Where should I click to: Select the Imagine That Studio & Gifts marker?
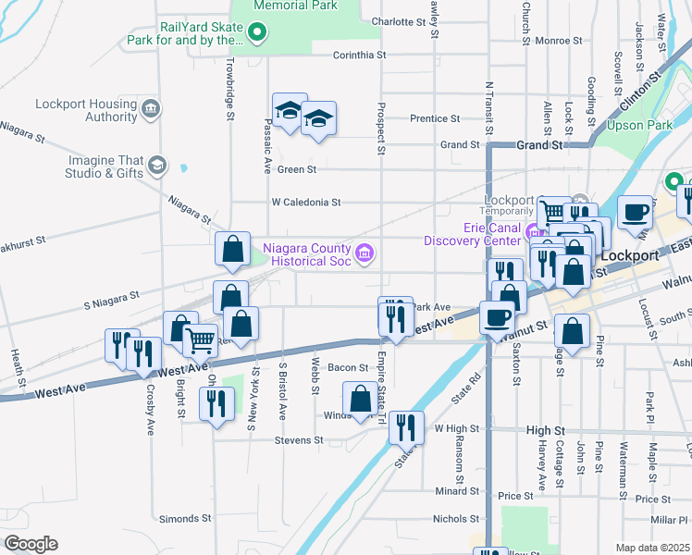(x=156, y=166)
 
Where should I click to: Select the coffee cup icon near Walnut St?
(x=496, y=317)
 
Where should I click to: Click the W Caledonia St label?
(x=306, y=202)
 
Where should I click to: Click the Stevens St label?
(x=297, y=440)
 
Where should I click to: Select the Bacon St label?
(x=350, y=368)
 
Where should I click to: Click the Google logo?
(x=30, y=544)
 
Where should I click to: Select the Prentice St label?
(x=435, y=118)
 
